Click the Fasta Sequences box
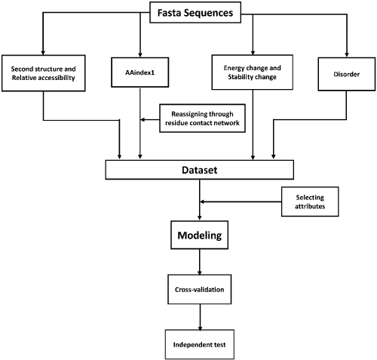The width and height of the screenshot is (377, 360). pyautogui.click(x=195, y=12)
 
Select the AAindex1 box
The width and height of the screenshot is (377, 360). pyautogui.click(x=140, y=72)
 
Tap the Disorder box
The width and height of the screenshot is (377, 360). pyautogui.click(x=347, y=74)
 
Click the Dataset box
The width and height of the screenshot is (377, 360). pyautogui.click(x=200, y=170)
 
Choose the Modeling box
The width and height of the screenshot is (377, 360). pyautogui.click(x=200, y=235)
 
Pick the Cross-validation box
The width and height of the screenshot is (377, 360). pyautogui.click(x=200, y=289)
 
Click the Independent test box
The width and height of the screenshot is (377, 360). pyautogui.click(x=200, y=344)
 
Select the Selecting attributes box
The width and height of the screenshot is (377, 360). pyautogui.click(x=310, y=202)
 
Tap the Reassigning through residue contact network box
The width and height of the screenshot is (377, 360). pyautogui.click(x=202, y=118)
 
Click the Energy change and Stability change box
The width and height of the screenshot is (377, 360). pyautogui.click(x=253, y=72)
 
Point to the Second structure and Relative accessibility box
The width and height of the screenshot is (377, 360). pyautogui.click(x=44, y=73)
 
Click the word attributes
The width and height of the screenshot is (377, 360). pyautogui.click(x=310, y=206)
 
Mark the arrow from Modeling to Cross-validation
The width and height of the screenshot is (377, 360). pyautogui.click(x=200, y=262)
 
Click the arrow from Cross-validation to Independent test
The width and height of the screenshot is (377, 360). pyautogui.click(x=200, y=317)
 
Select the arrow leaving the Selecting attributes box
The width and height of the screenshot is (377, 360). pyautogui.click(x=241, y=202)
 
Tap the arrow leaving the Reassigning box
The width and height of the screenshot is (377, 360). pyautogui.click(x=150, y=120)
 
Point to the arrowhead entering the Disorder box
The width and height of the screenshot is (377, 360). pyautogui.click(x=347, y=54)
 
